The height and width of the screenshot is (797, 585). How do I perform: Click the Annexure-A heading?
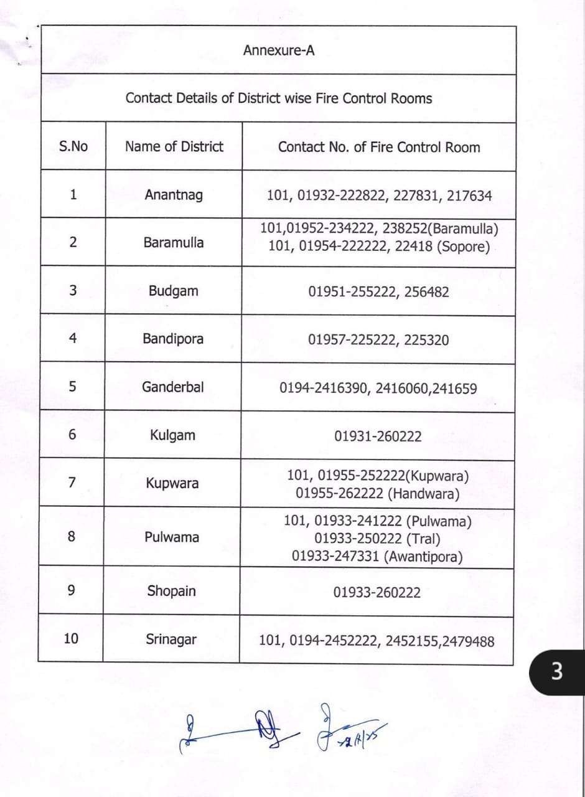coord(279,50)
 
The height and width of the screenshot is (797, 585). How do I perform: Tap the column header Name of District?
coord(174,147)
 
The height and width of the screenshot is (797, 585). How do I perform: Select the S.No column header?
coord(73,147)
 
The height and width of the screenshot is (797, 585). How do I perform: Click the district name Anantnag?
coord(174,195)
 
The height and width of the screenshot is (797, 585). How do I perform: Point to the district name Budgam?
coord(174,291)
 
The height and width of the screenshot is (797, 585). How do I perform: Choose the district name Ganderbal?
coord(173,387)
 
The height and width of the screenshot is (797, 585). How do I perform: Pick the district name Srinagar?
coord(171,639)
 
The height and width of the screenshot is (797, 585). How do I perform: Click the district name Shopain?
coord(171,591)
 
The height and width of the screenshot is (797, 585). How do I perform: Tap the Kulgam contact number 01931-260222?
coord(378,436)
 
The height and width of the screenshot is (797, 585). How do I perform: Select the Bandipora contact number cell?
coord(378,340)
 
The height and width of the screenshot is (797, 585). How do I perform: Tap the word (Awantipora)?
coord(424,557)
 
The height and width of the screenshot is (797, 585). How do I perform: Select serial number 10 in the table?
coord(71,638)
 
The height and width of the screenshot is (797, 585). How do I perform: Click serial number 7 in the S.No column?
coord(72,482)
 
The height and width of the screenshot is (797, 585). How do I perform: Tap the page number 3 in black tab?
coord(557,672)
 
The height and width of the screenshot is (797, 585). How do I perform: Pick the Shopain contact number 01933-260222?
coord(377,592)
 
